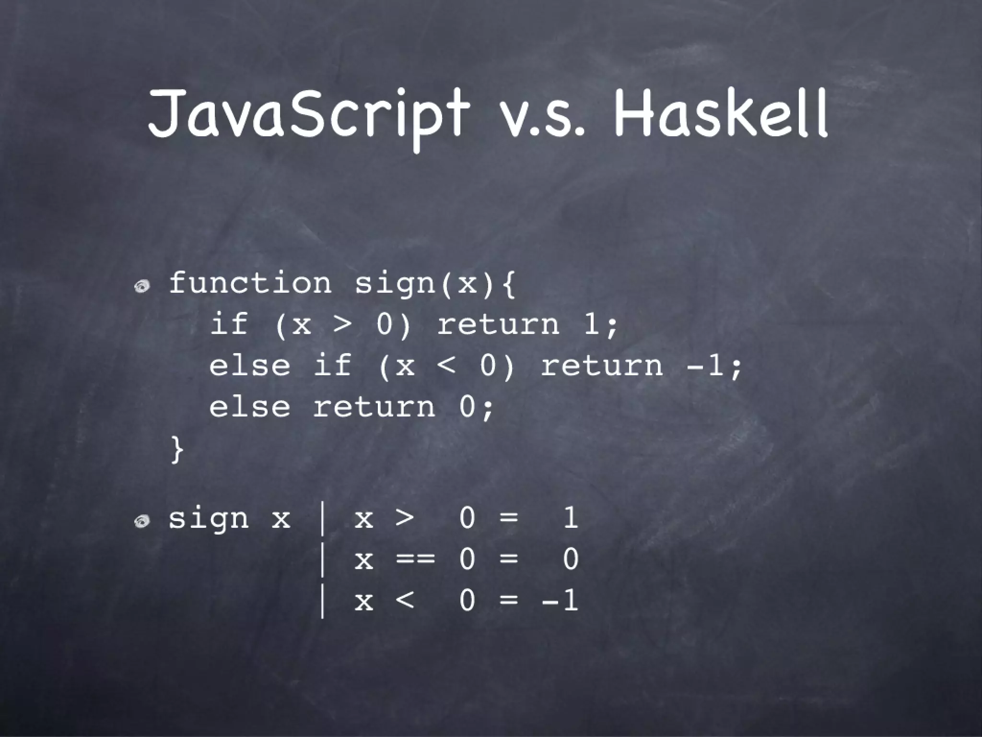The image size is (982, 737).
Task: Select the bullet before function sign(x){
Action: (x=142, y=286)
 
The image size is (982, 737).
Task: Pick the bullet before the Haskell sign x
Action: (x=142, y=521)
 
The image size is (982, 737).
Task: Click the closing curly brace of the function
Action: (x=177, y=450)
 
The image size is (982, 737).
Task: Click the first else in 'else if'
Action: (x=250, y=366)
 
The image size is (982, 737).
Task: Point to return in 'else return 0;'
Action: (x=374, y=407)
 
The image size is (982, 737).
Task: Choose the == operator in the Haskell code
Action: (x=415, y=559)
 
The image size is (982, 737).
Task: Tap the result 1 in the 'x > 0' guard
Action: (x=570, y=518)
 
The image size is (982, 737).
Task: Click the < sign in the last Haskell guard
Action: (x=405, y=600)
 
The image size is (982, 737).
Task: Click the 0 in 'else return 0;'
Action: (x=468, y=407)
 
